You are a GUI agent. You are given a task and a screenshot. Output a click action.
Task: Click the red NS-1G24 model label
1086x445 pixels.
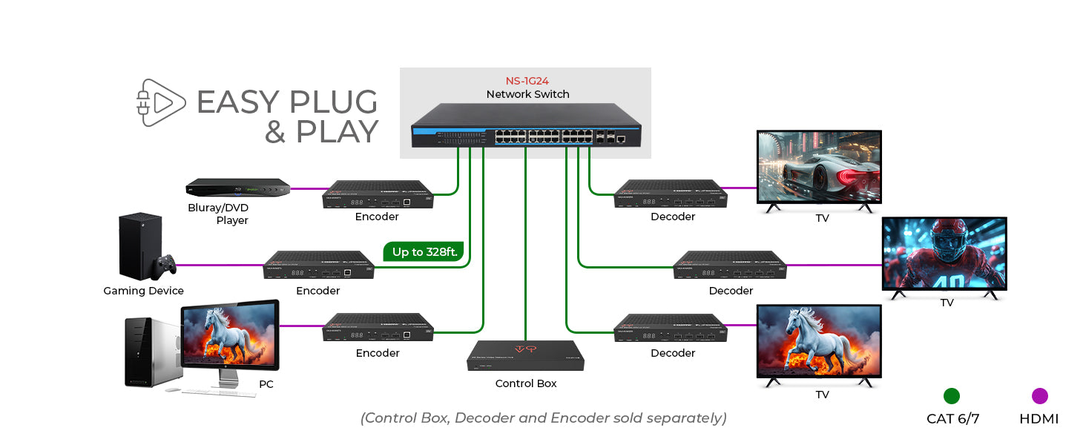527,80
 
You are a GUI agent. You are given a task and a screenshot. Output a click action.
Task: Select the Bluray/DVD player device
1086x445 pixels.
237,188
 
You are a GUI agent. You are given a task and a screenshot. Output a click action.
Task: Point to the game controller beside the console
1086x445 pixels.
165,264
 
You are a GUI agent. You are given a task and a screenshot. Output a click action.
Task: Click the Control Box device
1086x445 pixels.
525,356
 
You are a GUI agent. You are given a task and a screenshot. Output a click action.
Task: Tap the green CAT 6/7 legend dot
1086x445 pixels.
952,396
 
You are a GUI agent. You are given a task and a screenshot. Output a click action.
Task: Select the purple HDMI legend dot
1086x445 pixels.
1039,396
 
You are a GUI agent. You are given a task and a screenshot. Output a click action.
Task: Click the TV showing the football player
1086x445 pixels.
944,254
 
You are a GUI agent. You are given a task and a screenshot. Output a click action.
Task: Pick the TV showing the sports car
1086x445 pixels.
818,168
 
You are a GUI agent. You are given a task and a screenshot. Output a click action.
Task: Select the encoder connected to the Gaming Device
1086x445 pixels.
319,265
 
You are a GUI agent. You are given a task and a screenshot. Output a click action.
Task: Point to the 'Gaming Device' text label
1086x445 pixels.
143,291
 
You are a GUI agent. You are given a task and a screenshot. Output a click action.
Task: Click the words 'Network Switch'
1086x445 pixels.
527,94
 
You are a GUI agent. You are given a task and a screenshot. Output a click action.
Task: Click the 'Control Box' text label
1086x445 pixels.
525,383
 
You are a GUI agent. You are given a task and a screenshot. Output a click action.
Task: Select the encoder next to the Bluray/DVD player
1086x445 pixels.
378,194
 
